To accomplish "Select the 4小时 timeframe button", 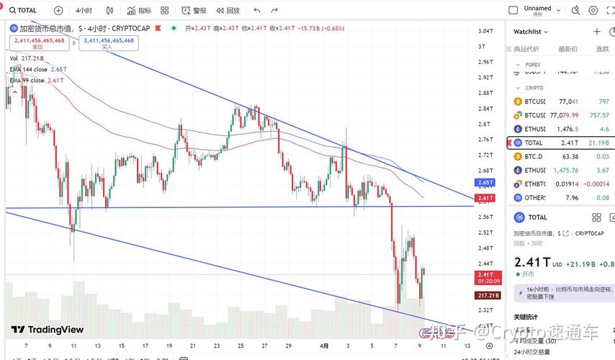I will [84, 11].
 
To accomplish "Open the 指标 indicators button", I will [140, 11].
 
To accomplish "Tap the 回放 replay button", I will [228, 11].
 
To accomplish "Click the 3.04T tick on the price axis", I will [485, 31].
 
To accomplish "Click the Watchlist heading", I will [529, 32].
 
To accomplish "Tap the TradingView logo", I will [48, 330].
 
